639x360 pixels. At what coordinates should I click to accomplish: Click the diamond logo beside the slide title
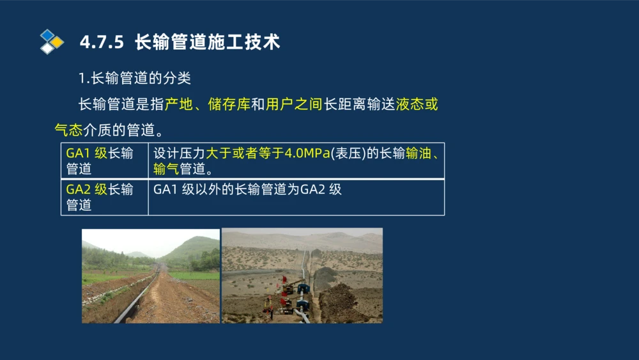click(x=52, y=42)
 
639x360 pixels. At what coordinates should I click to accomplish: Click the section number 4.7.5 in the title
click(x=102, y=42)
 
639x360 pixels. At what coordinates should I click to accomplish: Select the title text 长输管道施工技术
click(x=207, y=42)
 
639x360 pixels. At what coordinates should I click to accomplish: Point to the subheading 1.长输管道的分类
click(x=134, y=78)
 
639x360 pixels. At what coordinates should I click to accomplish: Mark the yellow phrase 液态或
click(x=417, y=105)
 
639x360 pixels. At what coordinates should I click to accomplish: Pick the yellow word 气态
click(x=68, y=130)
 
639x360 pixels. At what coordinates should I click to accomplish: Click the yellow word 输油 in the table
click(x=419, y=154)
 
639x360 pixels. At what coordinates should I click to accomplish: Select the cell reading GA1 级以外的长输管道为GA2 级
click(x=248, y=190)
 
